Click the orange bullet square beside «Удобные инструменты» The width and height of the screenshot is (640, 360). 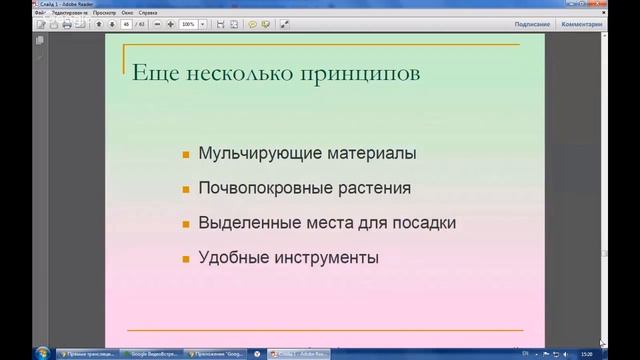[186, 258]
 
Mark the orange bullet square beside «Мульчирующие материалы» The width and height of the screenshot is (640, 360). [186, 155]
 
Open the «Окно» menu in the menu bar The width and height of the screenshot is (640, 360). [127, 12]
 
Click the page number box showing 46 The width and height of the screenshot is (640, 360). [127, 24]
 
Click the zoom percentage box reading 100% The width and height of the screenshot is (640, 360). [187, 24]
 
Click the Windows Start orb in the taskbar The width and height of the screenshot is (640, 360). [42, 353]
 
